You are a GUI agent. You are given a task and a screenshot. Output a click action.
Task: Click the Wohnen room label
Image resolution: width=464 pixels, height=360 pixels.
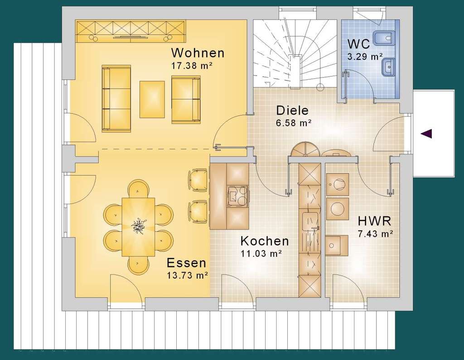pyautogui.click(x=198, y=53)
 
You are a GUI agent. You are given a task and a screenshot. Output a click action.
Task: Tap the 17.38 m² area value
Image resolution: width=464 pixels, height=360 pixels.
pyautogui.click(x=192, y=66)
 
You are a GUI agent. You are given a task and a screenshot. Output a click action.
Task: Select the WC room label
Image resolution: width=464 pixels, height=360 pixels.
pyautogui.click(x=358, y=44)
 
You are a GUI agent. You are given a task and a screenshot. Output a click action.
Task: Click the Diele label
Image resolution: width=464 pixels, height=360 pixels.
pyautogui.click(x=292, y=110)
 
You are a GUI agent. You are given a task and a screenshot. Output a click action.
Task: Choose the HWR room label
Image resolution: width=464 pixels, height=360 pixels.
pyautogui.click(x=374, y=221)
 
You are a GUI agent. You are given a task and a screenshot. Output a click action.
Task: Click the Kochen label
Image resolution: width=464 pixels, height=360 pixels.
pyautogui.click(x=265, y=241)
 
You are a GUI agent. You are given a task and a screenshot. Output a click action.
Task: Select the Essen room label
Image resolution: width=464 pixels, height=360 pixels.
pyautogui.click(x=186, y=263)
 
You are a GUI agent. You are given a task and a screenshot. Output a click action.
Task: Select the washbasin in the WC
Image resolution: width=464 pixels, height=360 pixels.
pyautogui.click(x=388, y=67)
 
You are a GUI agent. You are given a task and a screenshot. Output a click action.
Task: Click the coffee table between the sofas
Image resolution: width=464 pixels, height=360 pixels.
pyautogui.click(x=152, y=99)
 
